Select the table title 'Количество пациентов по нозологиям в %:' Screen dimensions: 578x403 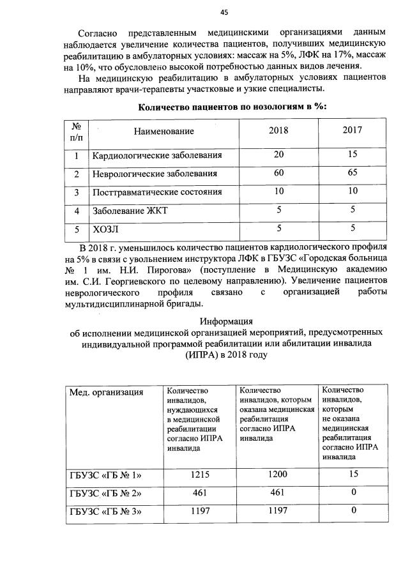232,107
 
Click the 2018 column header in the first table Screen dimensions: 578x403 278,130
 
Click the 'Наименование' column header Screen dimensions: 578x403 163,131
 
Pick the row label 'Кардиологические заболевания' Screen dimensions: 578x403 157,155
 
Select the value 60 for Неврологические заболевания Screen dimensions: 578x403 278,173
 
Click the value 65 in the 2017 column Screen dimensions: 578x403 353,173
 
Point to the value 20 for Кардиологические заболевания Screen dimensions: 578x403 278,155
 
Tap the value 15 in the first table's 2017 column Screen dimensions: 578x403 353,155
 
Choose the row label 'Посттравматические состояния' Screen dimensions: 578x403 157,192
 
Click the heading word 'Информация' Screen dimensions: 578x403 226,321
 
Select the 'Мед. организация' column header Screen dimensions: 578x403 106,392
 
